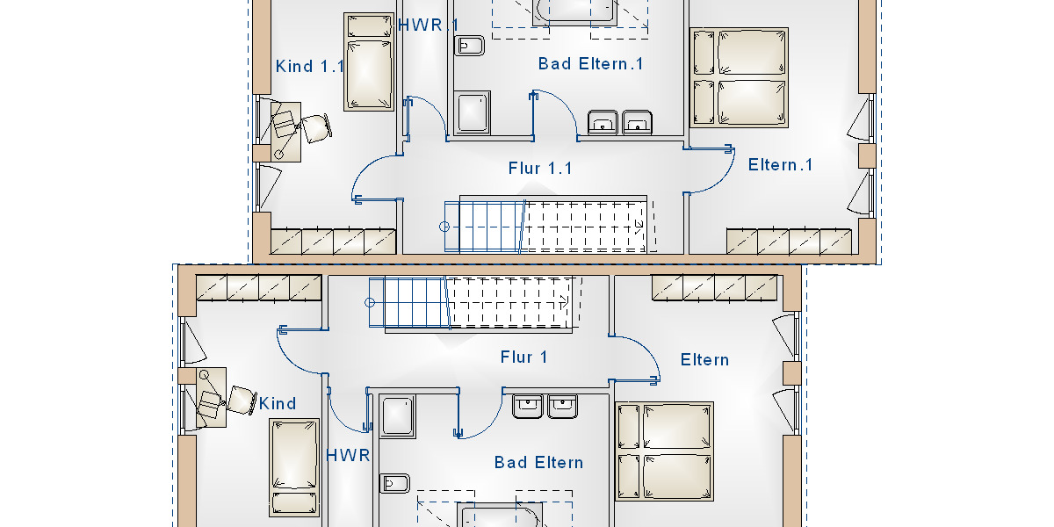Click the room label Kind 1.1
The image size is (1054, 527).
pos(310,67)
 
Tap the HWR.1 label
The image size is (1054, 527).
pos(429,25)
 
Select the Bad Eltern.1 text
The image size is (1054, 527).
pos(591,64)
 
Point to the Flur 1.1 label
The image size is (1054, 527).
pos(540,168)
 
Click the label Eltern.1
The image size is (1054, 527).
pos(781,165)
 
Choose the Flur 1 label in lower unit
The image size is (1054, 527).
pos(524,357)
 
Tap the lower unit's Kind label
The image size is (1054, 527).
pos(278,404)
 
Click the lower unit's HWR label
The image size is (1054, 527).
pos(349,456)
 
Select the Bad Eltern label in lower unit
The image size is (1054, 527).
pos(538,463)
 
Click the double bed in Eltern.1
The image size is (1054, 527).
pos(740,77)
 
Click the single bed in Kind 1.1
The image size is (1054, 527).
pos(369,61)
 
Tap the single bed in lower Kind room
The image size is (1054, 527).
pos(294,466)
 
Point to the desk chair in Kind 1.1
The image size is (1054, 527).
pos(314,127)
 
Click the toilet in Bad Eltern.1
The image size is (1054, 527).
pos(470,46)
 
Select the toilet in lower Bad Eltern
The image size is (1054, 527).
pos(395,483)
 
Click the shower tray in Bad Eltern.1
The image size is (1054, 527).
pos(472,113)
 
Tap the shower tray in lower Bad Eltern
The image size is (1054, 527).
pos(397,415)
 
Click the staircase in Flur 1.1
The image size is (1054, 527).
pos(545,226)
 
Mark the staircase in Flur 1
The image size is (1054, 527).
pos(471,302)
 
